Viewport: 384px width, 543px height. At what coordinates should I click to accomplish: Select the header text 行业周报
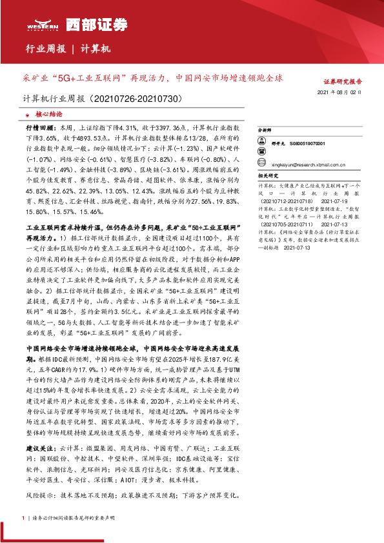45,50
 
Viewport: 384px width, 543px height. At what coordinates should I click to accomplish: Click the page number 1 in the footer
23,517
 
